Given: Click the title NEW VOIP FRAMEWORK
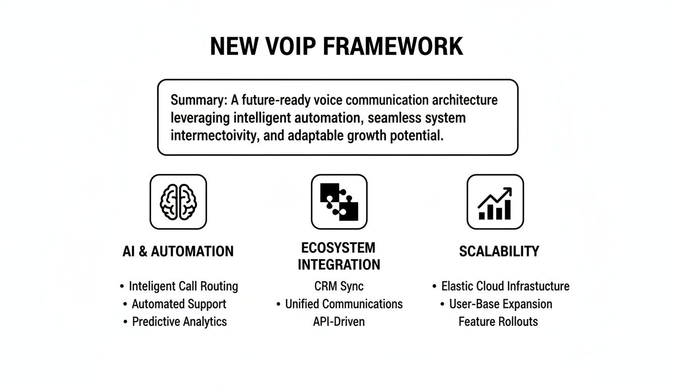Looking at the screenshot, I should [x=336, y=46].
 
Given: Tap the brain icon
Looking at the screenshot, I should [x=178, y=202].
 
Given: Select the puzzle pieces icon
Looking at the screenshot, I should [x=339, y=202].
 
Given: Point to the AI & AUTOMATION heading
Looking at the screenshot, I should [x=178, y=251].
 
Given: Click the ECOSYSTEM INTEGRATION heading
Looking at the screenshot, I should [x=338, y=256].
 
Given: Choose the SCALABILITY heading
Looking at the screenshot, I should [x=499, y=251].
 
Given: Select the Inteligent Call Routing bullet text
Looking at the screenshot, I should [x=183, y=286].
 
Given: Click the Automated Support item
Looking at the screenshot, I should [x=179, y=304].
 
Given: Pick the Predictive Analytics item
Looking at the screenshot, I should [x=179, y=321].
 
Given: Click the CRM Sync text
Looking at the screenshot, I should [x=338, y=286].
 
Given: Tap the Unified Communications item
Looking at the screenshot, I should [x=344, y=304].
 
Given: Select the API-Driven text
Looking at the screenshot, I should [x=338, y=321].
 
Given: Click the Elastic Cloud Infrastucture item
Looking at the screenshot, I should [x=505, y=286].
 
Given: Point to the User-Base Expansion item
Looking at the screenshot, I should [x=501, y=304].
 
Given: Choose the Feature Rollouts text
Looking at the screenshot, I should [x=498, y=321].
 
